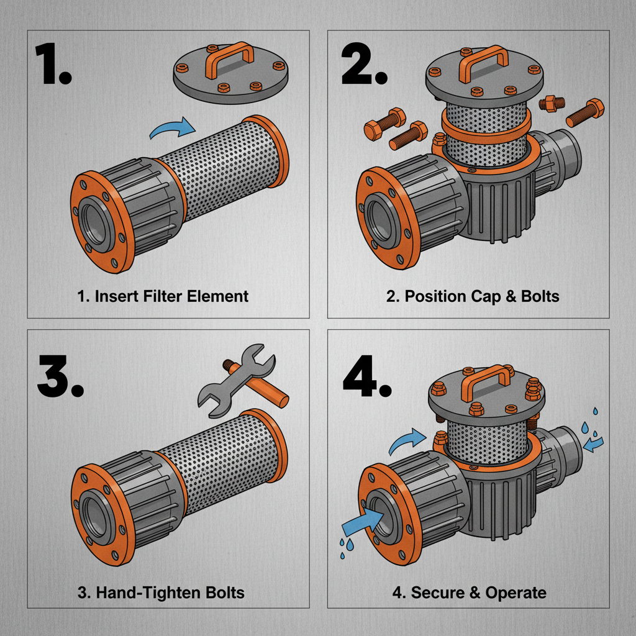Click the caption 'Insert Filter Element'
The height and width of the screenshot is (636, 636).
click(163, 296)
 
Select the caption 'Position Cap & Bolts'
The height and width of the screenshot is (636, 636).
click(473, 296)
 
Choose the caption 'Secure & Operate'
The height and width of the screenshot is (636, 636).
click(470, 592)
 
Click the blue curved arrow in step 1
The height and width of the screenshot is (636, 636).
click(171, 129)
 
